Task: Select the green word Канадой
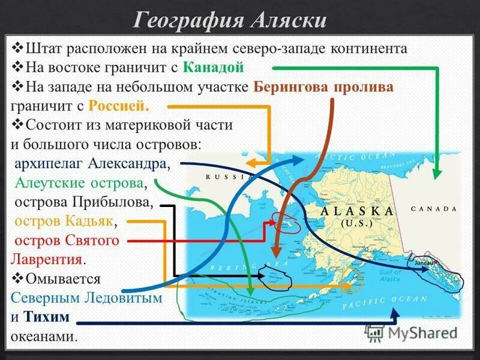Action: coord(214,67)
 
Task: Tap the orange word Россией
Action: coord(118,106)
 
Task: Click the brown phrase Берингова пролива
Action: coord(323,86)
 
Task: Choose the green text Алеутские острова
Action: coord(80,183)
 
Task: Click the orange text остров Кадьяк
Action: coord(64,221)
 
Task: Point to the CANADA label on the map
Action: coord(434,209)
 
